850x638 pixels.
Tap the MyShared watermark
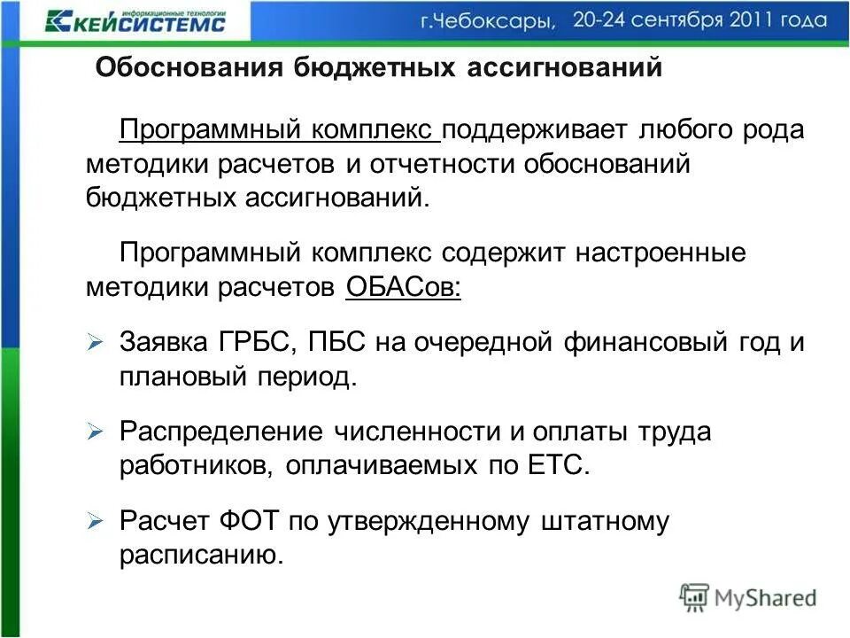(747, 597)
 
